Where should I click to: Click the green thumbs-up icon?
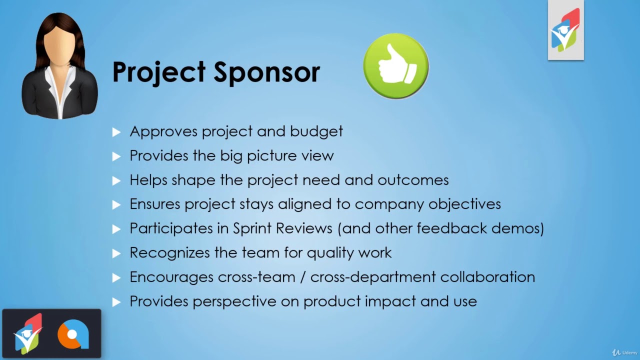tap(395, 66)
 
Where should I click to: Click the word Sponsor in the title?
tap(267, 72)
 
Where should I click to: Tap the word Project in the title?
tap(158, 72)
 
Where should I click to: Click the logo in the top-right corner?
tap(565, 30)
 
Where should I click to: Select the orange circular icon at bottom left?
tap(73, 334)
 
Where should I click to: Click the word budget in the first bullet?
tap(316, 131)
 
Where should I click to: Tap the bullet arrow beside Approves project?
tap(116, 132)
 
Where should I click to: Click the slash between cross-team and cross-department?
tap(302, 277)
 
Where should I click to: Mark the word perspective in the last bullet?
tap(234, 301)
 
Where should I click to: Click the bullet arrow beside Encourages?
tap(116, 277)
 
